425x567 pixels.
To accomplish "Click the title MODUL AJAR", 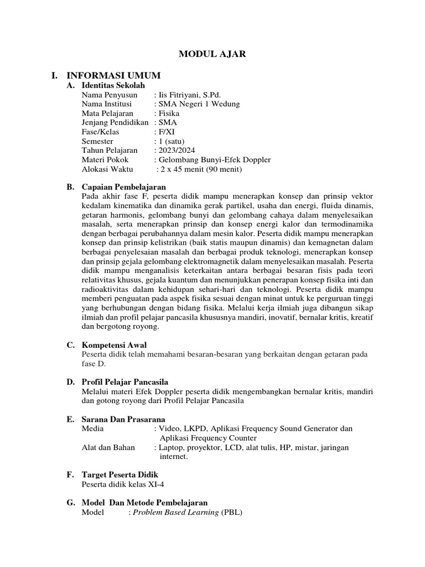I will [212, 54].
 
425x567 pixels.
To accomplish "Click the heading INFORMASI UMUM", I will [113, 75].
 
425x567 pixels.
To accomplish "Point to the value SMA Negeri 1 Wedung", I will [197, 104].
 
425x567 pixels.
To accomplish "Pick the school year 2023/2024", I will [177, 151].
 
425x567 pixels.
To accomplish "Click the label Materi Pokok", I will [105, 159].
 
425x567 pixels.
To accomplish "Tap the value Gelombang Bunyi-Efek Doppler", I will [215, 159].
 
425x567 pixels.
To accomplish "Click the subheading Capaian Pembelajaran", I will [123, 187].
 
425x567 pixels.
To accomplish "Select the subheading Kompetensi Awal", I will [114, 345].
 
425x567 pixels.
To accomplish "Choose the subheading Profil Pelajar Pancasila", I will [125, 382].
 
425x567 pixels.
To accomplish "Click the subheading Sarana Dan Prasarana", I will [123, 419].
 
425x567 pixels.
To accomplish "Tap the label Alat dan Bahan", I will [108, 447].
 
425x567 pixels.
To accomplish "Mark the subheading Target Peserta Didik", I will [120, 475].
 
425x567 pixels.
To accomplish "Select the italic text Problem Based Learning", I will [177, 512].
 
